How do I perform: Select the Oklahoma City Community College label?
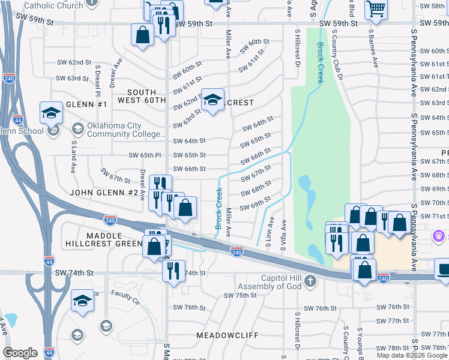(114, 130)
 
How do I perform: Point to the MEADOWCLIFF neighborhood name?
(226, 335)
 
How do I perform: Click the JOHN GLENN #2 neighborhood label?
(103, 193)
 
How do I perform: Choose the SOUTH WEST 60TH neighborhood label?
(142, 95)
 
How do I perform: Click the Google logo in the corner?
(20, 353)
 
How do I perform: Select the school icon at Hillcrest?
(212, 100)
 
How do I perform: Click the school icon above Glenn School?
(52, 112)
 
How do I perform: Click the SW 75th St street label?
(240, 296)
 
